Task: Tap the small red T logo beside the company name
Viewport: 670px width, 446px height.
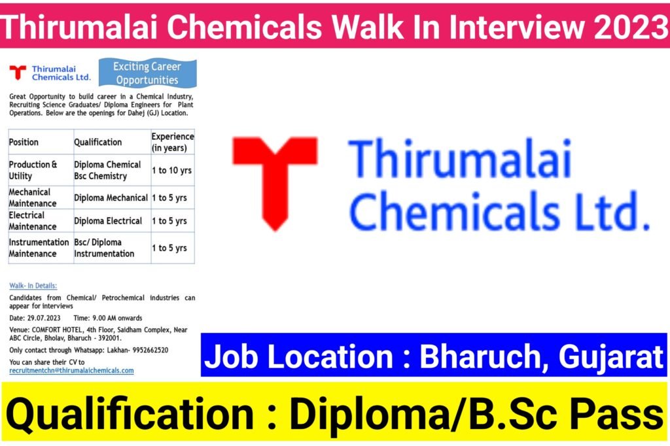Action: tap(18, 72)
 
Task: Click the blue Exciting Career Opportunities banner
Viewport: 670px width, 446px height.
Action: tap(147, 73)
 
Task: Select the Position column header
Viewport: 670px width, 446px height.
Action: tap(24, 143)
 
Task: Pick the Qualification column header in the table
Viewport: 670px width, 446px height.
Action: tap(98, 143)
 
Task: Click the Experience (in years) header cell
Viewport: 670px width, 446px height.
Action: tap(173, 143)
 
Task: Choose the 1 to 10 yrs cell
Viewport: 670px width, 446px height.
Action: tap(172, 170)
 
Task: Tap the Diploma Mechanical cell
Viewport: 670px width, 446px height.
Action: tap(111, 197)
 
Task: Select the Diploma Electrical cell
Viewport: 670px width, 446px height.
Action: tap(108, 221)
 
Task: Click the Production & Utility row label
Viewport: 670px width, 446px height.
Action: tap(33, 170)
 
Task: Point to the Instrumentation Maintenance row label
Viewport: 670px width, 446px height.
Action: tap(39, 248)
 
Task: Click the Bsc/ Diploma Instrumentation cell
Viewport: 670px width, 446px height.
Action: tap(104, 248)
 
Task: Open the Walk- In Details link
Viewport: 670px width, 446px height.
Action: tap(33, 285)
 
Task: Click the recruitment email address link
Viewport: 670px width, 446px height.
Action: tap(71, 370)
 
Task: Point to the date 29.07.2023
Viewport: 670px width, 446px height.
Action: tap(44, 318)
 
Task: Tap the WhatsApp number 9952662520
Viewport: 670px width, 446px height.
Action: tap(150, 350)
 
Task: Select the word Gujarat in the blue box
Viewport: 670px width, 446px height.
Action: tap(610, 356)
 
